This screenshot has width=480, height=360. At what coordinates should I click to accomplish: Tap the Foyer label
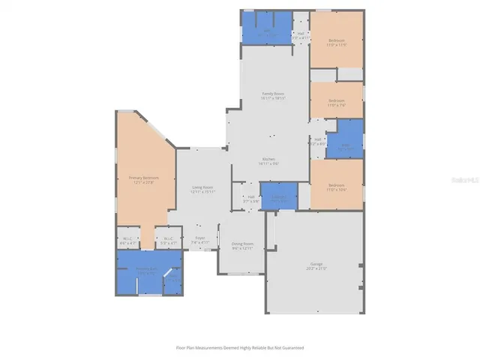[200, 239]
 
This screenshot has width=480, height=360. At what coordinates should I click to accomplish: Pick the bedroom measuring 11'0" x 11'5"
[337, 41]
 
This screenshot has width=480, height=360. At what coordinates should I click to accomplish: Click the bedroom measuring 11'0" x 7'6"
[337, 102]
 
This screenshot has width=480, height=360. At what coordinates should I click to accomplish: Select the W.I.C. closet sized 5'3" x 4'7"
[169, 240]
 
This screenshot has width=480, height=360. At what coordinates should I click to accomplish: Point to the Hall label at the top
[300, 34]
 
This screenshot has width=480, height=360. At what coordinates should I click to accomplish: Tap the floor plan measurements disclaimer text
[240, 347]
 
